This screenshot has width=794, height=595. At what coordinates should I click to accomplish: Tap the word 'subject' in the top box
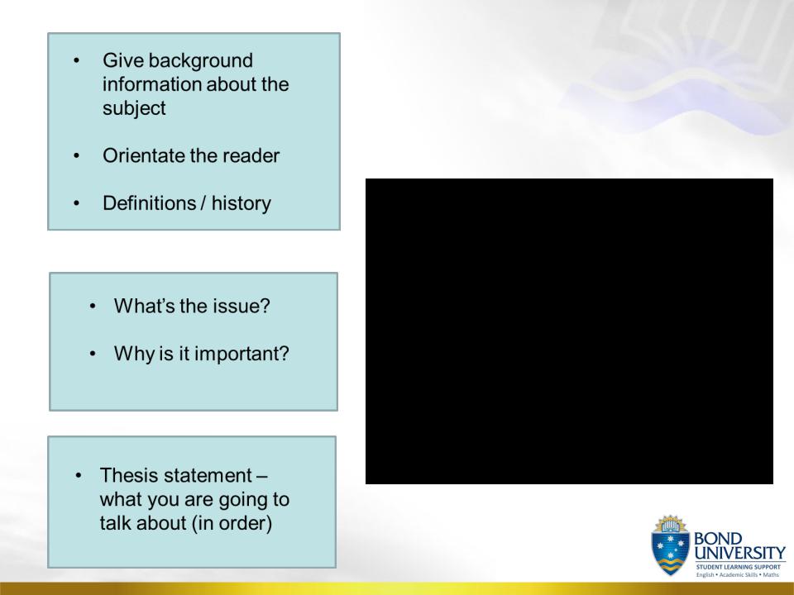tap(134, 109)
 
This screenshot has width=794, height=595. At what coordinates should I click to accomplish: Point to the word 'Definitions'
tap(150, 203)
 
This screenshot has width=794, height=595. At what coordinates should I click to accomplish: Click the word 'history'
tap(241, 203)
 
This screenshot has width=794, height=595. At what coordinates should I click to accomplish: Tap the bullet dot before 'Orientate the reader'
tap(76, 156)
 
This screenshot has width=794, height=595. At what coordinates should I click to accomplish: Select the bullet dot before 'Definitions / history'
tap(76, 203)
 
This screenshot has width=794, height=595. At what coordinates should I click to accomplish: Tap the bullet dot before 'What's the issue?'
tap(92, 306)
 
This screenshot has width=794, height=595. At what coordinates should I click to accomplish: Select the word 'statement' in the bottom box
tap(208, 476)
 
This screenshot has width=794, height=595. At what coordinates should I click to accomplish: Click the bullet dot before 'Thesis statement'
tap(78, 476)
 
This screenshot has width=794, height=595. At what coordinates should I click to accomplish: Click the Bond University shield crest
tap(671, 545)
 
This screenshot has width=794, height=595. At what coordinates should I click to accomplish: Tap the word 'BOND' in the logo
tap(718, 538)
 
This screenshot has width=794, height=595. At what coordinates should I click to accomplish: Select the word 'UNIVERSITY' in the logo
tap(739, 553)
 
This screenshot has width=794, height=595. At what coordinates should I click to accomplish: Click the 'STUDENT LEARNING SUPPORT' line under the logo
tap(739, 567)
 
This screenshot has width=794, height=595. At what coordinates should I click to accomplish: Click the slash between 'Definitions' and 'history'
tap(203, 203)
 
